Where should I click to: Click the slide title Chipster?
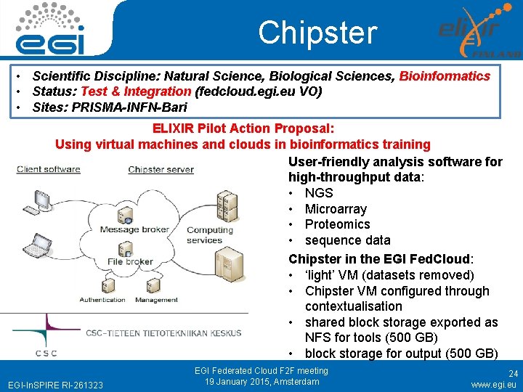pyautogui.click(x=317, y=33)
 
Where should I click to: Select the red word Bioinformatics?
pyautogui.click(x=445, y=76)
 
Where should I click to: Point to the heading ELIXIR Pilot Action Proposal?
pyautogui.click(x=243, y=128)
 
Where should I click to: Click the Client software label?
pyautogui.click(x=48, y=170)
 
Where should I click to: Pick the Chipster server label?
pyautogui.click(x=161, y=170)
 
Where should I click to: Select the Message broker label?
pyautogui.click(x=134, y=230)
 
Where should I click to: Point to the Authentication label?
pyautogui.click(x=102, y=299)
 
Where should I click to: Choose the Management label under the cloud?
pyautogui.click(x=156, y=299)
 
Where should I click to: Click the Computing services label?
pyautogui.click(x=209, y=235)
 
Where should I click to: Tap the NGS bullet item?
pyautogui.click(x=318, y=193)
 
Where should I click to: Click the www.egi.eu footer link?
pyautogui.click(x=494, y=384)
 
